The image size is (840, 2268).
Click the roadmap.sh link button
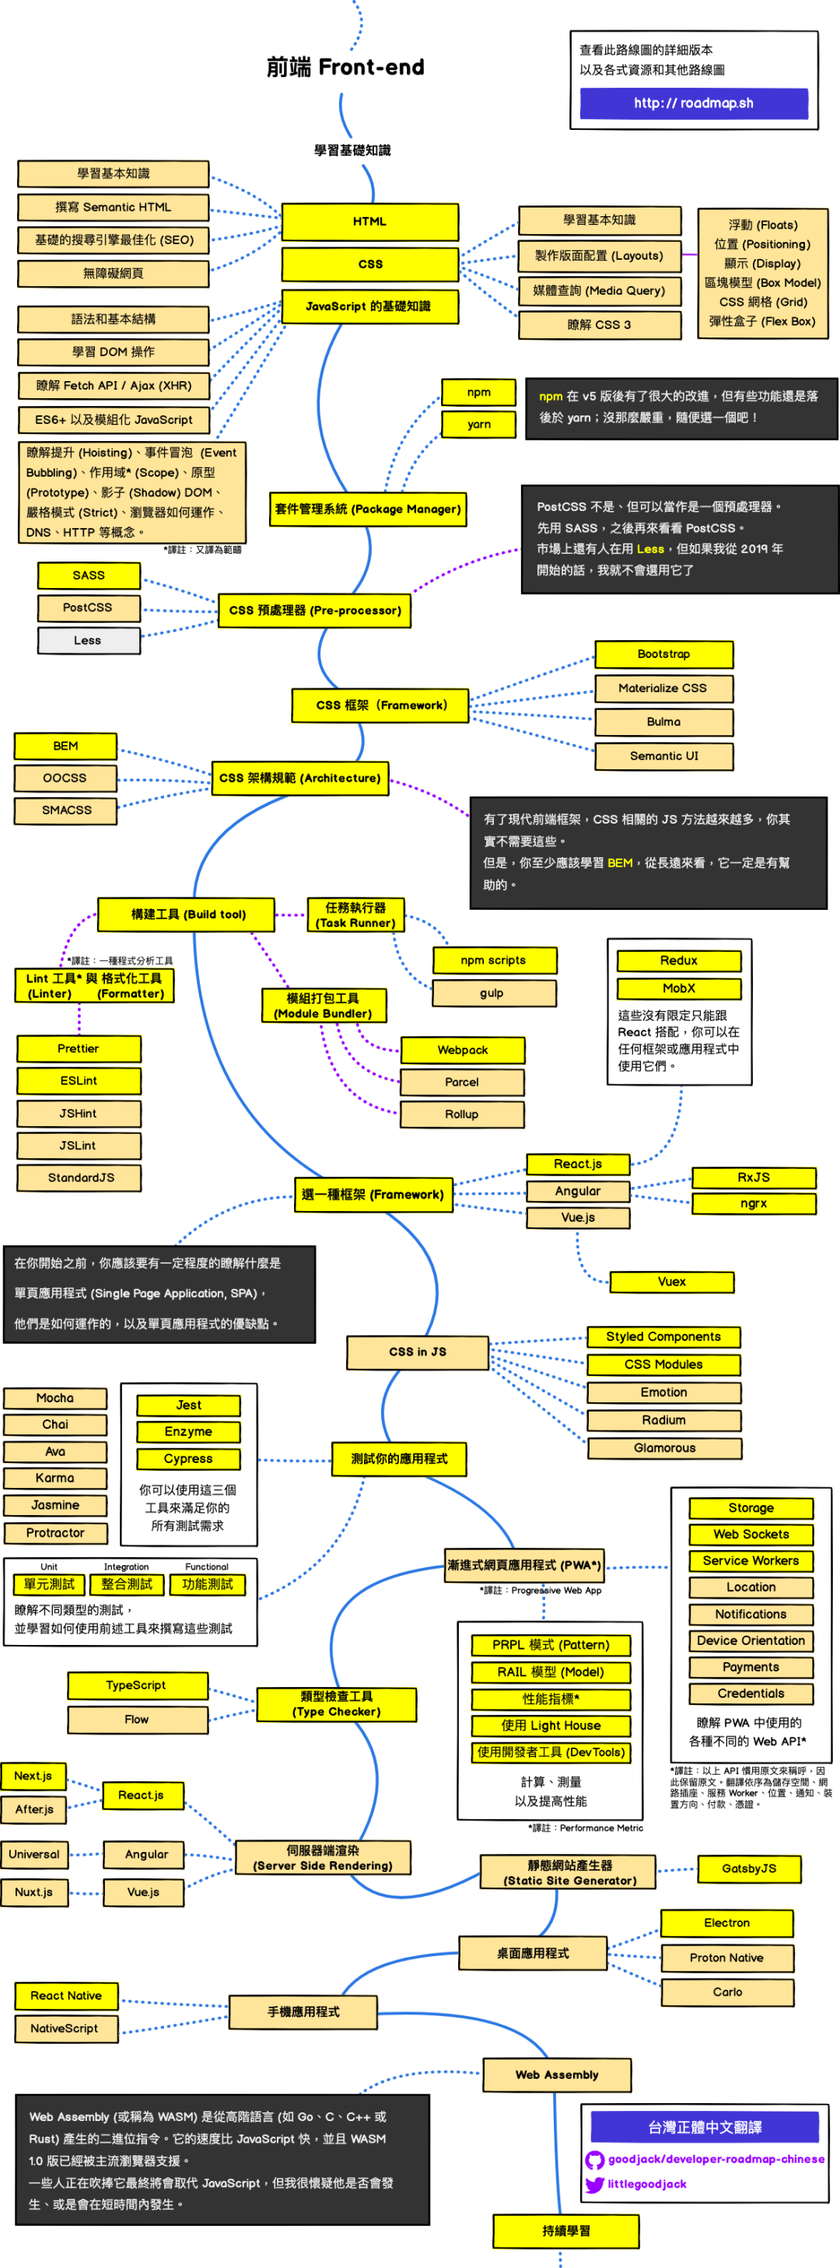point(693,103)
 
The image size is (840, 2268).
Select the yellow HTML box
point(369,222)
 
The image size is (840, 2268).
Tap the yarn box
point(478,425)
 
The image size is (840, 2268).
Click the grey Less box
point(88,640)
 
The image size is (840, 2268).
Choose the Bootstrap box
point(664,654)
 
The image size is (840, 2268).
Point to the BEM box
point(65,746)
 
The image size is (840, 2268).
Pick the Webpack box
point(462,1049)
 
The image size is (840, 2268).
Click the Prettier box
point(79,1048)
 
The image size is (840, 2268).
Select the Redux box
point(678,961)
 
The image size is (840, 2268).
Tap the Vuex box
point(671,1282)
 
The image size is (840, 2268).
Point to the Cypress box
point(187,1459)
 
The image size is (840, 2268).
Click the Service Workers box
point(751,1561)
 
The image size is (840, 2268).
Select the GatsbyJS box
point(748,1868)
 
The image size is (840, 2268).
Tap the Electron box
point(726,1923)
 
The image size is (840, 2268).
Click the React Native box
point(66,1996)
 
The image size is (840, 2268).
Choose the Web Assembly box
point(556,2075)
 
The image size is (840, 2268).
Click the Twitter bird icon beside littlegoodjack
point(594,2184)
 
